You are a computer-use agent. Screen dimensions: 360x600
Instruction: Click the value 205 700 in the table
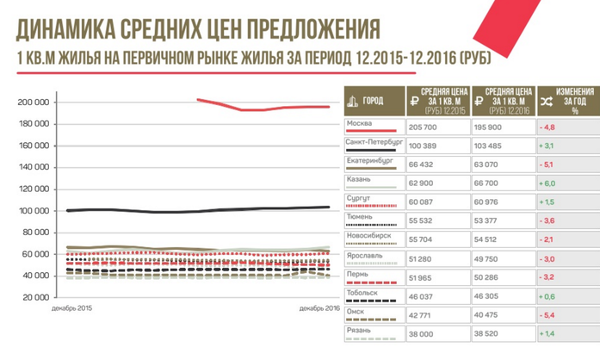pyautogui.click(x=424, y=127)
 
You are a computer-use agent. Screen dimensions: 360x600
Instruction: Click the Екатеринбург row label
pyautogui.click(x=369, y=159)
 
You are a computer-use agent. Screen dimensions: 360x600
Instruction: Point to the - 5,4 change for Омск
pyautogui.click(x=549, y=314)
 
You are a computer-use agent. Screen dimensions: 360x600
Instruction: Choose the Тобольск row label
pyautogui.click(x=362, y=292)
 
